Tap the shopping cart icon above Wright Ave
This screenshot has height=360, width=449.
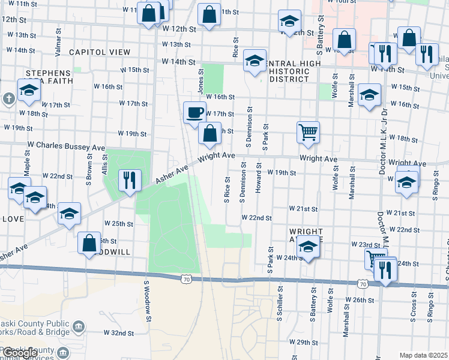(308, 131)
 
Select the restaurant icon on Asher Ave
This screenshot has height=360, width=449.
(130, 179)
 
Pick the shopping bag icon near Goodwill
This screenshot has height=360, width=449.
(89, 243)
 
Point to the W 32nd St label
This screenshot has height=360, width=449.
(118, 332)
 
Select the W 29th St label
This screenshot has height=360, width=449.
(303, 341)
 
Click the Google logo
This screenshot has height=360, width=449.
(20, 353)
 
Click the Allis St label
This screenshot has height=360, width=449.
(104, 163)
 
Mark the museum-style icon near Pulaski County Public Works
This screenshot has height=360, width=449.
(79, 326)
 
